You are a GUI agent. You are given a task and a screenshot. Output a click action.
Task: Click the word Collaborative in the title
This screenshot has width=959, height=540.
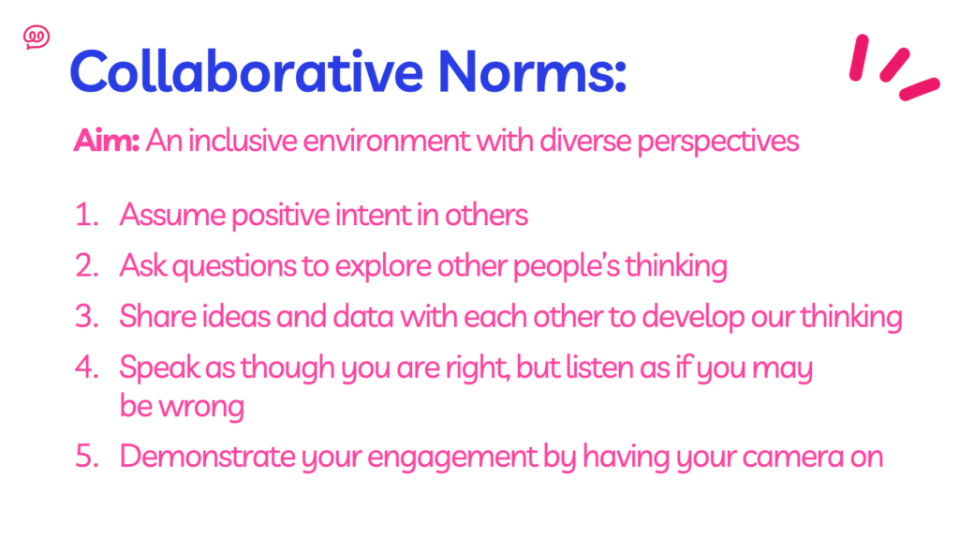click(x=246, y=71)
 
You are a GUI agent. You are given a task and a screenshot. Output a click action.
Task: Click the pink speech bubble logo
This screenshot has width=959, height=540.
click(x=37, y=37)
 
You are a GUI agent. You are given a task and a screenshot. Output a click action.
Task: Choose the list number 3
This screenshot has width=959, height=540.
click(x=86, y=317)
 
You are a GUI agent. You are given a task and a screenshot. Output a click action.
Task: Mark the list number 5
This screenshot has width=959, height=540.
click(x=86, y=457)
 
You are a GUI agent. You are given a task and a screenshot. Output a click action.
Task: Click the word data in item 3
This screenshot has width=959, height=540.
click(x=362, y=317)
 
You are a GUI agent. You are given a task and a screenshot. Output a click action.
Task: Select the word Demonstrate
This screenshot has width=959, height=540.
click(x=207, y=457)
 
